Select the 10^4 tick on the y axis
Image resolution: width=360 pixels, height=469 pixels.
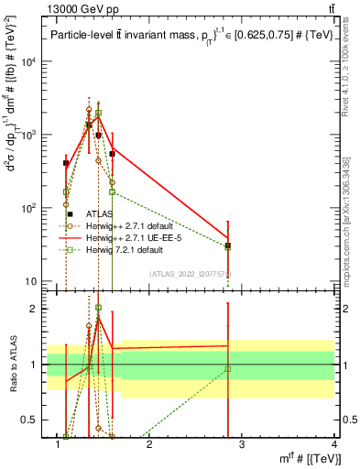click(27, 62)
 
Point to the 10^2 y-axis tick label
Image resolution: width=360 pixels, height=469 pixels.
click(27, 209)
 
